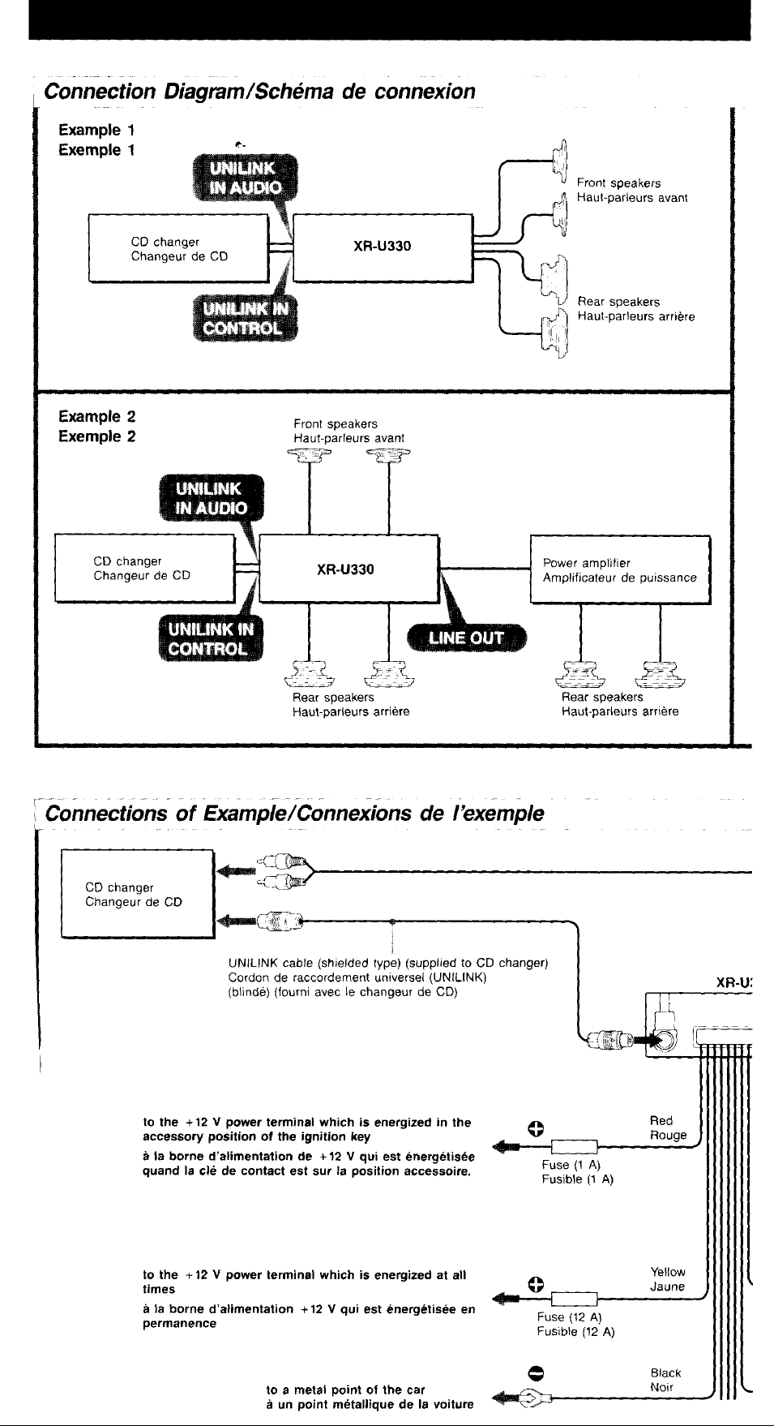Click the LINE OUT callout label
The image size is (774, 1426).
[x=466, y=638]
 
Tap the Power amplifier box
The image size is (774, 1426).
[x=620, y=569]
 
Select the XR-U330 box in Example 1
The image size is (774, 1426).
[x=383, y=247]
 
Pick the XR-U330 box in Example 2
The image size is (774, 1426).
[x=349, y=569]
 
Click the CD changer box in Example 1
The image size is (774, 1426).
[x=178, y=247]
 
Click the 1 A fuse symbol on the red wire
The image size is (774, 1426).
[x=574, y=1146]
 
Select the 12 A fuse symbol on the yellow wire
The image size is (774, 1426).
[x=574, y=1299]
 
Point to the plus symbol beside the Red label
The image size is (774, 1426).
[x=534, y=1127]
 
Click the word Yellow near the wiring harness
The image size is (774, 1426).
[x=668, y=1272]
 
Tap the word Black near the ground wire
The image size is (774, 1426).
[x=665, y=1373]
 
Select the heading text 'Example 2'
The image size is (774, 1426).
[x=97, y=417]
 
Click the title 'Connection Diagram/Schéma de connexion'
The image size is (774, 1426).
[x=260, y=91]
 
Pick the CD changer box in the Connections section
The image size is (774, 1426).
[x=137, y=894]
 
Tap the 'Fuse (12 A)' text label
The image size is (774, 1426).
[x=569, y=1317]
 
